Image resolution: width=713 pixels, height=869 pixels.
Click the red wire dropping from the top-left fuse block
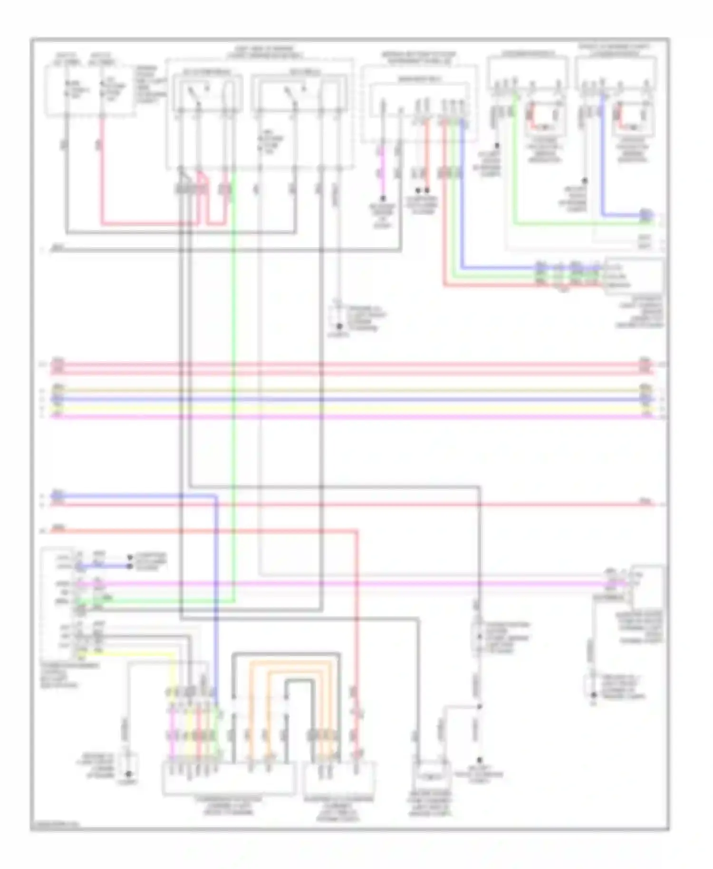coord(102,171)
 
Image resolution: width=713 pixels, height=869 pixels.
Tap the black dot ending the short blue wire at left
coord(129,566)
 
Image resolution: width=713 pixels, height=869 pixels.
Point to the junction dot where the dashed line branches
coord(479,706)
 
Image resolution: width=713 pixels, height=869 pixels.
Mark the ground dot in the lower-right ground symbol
coord(593,695)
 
